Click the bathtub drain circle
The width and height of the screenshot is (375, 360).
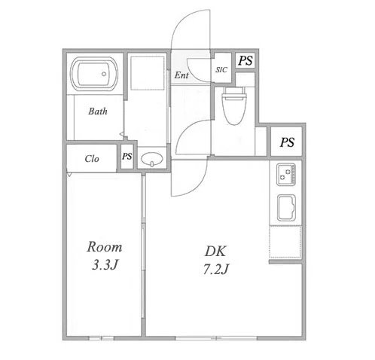click(104, 74)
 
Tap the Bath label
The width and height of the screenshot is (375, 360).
click(98, 111)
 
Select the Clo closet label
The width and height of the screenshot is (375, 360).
click(92, 159)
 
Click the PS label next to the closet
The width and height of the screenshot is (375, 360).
click(127, 157)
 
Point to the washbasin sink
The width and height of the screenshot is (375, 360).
click(152, 159)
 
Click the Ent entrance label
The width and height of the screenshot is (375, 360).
click(181, 75)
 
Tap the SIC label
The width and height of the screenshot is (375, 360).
click(221, 69)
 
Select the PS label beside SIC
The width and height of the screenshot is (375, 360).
click(245, 60)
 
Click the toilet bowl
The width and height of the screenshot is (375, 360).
click(234, 105)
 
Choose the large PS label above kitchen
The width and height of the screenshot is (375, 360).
click(287, 142)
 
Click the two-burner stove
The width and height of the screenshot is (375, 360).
click(286, 175)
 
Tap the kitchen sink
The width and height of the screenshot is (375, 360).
click(286, 208)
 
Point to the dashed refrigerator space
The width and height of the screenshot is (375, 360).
click(285, 242)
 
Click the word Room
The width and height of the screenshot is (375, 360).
click(105, 247)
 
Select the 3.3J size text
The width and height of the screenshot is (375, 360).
click(105, 264)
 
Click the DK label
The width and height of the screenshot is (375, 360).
click(215, 252)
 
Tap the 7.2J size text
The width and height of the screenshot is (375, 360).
click(216, 270)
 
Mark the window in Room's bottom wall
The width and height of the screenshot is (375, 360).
click(102, 338)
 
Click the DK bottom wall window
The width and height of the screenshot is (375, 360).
click(216, 338)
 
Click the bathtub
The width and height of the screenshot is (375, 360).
click(94, 74)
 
